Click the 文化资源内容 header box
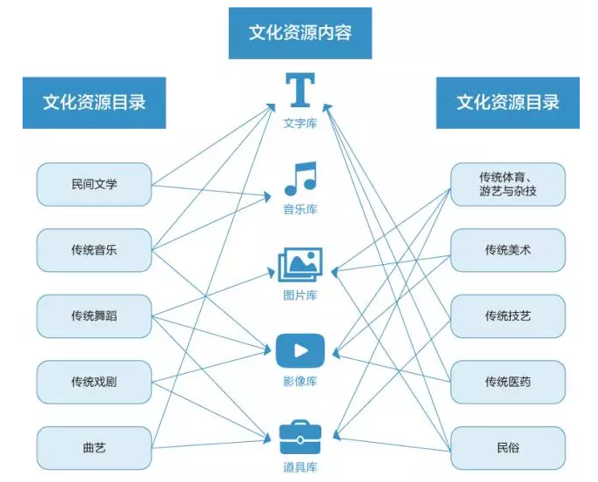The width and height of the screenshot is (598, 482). (x=299, y=34)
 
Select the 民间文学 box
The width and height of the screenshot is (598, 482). (x=94, y=184)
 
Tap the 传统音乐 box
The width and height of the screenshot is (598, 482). (x=94, y=250)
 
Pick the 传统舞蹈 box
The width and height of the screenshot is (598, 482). (x=94, y=316)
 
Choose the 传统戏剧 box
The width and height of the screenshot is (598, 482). (x=94, y=382)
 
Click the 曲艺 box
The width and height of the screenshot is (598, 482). (x=94, y=448)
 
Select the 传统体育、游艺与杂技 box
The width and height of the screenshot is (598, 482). (x=507, y=184)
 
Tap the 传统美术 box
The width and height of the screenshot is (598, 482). (x=507, y=250)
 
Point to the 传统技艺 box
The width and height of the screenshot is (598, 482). (x=507, y=316)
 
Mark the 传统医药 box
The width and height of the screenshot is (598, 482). (x=507, y=382)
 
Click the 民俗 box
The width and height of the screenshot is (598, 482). (x=507, y=448)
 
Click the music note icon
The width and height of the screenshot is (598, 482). (x=299, y=179)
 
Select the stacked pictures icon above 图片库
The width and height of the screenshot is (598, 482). (x=299, y=264)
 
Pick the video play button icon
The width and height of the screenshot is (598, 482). (x=299, y=350)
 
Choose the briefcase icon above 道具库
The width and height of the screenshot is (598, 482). (x=299, y=433)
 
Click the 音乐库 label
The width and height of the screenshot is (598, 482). (x=299, y=209)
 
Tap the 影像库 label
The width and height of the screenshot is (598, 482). (x=299, y=381)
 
